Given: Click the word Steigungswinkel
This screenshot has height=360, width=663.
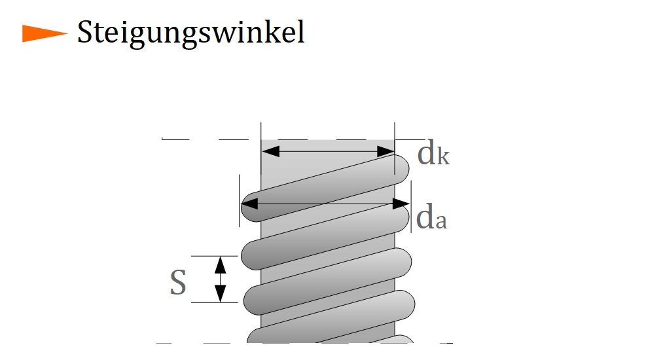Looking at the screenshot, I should [x=190, y=33].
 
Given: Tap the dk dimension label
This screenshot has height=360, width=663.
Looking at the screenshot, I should [x=433, y=155].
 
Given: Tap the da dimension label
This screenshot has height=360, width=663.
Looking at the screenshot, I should [x=431, y=219].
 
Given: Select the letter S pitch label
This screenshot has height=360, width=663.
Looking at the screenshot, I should [x=177, y=283].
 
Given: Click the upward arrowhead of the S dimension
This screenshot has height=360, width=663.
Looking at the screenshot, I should [x=221, y=264].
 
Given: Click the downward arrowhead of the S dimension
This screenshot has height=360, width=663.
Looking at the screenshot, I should [x=221, y=295].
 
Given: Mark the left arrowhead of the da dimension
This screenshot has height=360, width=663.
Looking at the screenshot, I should [x=249, y=204].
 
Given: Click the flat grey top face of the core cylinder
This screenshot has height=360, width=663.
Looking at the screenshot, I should [x=327, y=145].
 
